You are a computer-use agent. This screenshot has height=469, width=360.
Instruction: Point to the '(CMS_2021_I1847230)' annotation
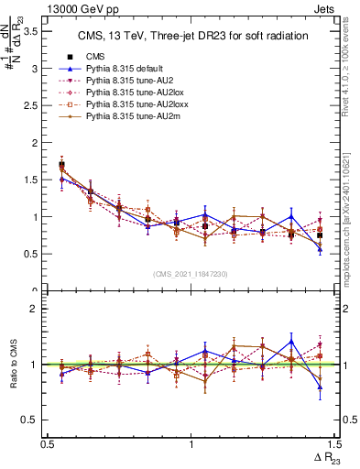pos(191,273)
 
